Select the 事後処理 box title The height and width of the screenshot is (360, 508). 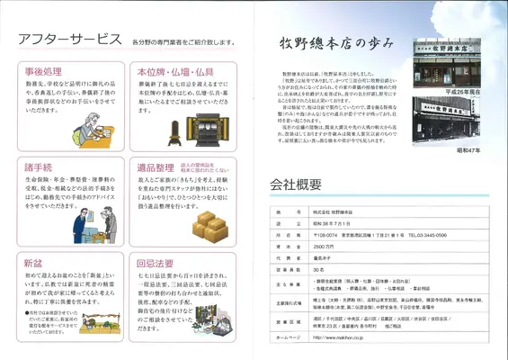coord(43,71)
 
